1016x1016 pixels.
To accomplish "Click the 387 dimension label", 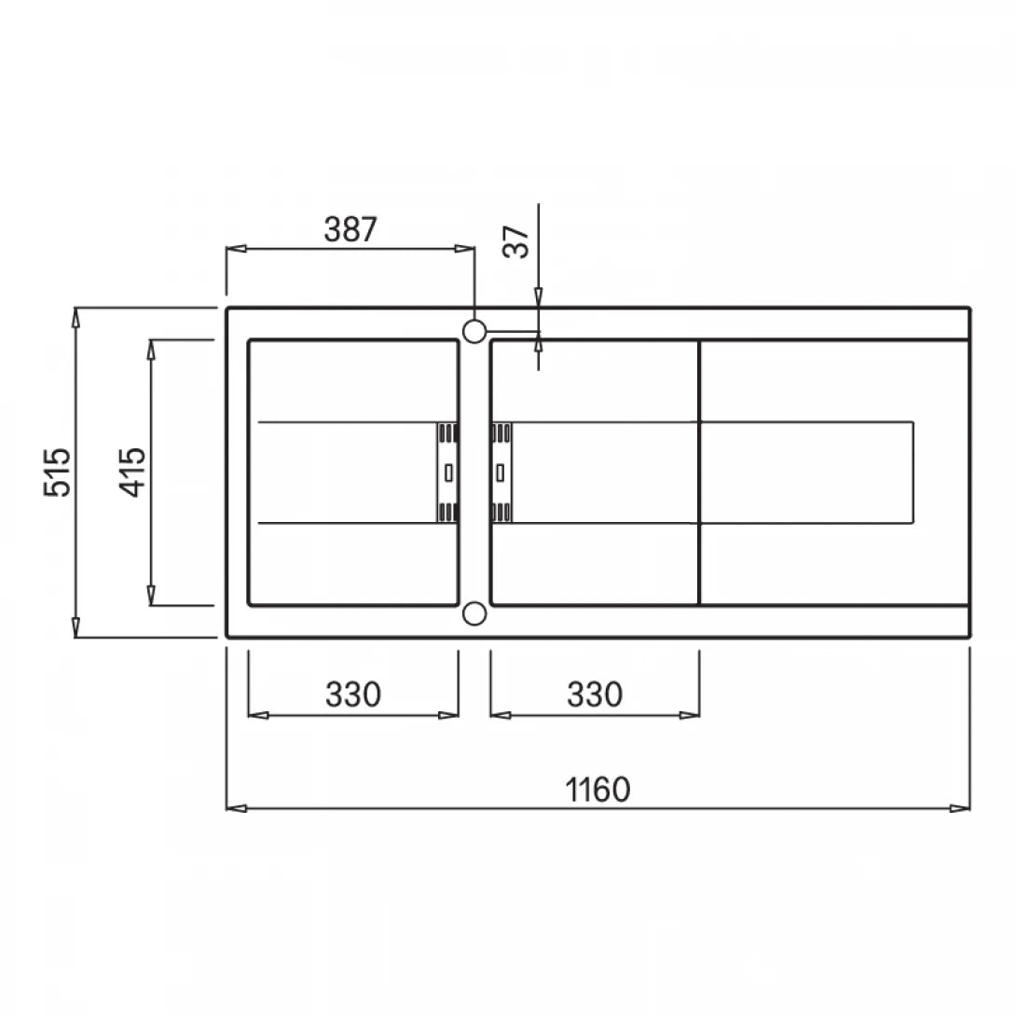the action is point(350,229).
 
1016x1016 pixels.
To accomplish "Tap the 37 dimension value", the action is point(517,241).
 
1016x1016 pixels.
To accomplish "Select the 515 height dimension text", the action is point(58,473).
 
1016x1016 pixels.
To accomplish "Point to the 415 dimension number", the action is point(133,473).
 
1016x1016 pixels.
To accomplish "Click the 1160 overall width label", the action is point(597,789).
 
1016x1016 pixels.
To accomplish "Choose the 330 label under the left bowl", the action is point(353,694).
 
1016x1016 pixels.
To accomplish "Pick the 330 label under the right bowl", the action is point(595,694).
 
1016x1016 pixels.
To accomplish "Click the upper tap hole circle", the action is point(474,331).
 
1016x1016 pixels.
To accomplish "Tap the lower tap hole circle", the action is point(474,613).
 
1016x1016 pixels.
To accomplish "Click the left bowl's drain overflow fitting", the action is point(447,473).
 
